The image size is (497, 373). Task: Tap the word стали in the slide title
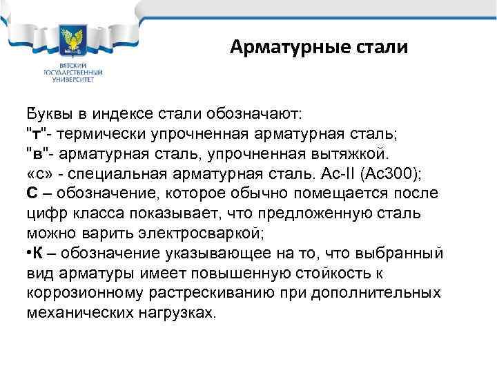pos(382,48)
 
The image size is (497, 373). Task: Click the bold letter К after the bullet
pos(39,252)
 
